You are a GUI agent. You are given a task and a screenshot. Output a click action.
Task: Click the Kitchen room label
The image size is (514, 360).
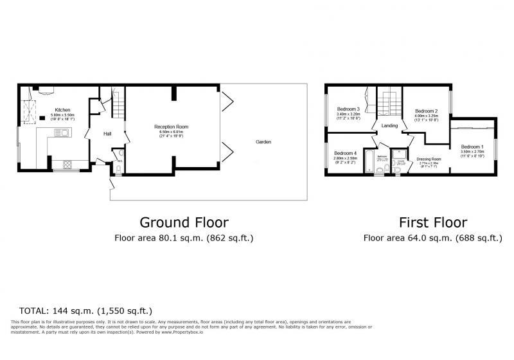click(x=62, y=110)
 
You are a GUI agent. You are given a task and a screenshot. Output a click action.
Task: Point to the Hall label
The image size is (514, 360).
click(x=109, y=134)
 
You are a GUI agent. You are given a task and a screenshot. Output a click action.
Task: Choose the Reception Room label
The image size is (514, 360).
click(x=171, y=127)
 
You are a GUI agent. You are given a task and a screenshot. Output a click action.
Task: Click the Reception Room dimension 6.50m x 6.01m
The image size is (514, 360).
click(x=171, y=132)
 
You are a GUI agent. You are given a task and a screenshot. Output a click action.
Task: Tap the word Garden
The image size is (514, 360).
click(x=263, y=141)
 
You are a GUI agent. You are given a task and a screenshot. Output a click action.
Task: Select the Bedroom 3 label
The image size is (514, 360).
click(x=348, y=109)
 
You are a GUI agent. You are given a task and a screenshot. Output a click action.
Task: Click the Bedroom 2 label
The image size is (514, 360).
click(x=426, y=111)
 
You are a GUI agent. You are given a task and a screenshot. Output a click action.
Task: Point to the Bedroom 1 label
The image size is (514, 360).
click(x=472, y=146)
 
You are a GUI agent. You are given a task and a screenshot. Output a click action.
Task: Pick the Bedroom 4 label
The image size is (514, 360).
click(x=344, y=153)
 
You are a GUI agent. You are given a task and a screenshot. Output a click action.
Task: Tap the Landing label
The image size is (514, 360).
click(x=389, y=125)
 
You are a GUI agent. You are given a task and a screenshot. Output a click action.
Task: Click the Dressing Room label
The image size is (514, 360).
click(x=429, y=159)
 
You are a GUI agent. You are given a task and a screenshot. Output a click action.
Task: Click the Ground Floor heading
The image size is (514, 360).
click(x=184, y=222)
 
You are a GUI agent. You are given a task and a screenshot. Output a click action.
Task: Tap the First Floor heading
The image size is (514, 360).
click(x=432, y=222)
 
